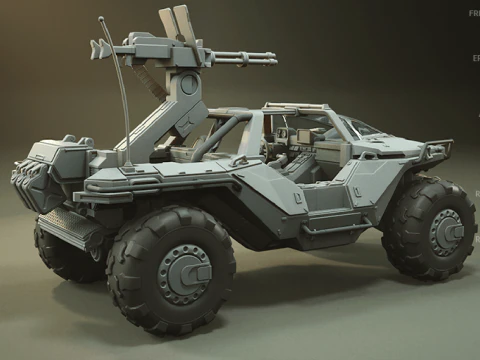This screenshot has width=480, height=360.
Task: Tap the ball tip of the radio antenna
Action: pyautogui.click(x=100, y=18)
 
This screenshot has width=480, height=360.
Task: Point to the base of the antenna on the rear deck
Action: pyautogui.click(x=127, y=159)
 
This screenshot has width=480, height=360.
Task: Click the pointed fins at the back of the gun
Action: pyautogui.click(x=98, y=48)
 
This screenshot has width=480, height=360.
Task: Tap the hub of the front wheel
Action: pyautogui.click(x=444, y=233)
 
